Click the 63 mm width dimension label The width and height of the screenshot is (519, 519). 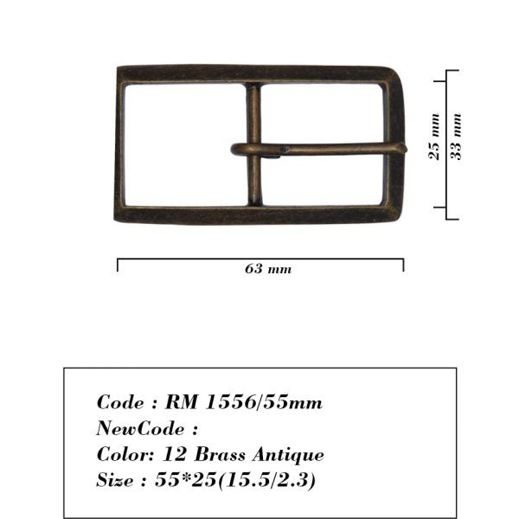point(268,269)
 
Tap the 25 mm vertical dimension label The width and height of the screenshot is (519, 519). point(434,137)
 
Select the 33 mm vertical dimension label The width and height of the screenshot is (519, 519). point(456,137)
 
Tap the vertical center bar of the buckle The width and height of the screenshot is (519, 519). point(254,144)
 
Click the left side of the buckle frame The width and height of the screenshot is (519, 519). point(119,144)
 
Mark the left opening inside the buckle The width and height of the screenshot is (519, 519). point(185,144)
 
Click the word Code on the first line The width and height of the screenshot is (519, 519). point(120,402)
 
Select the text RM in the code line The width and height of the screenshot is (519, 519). point(182,402)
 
